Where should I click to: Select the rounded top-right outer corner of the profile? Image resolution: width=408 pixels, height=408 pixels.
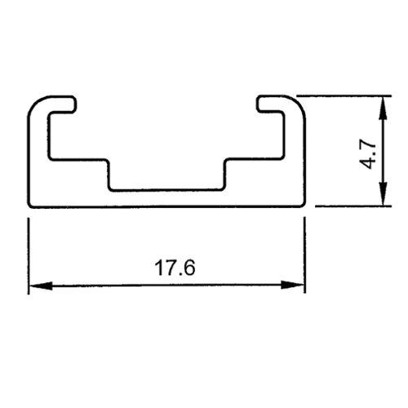(x=300, y=101)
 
